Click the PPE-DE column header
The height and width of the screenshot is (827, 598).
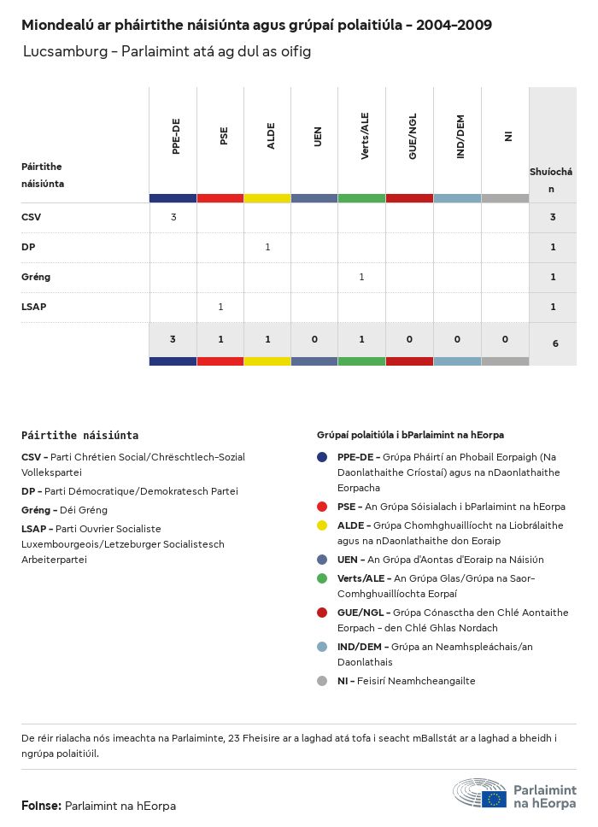point(176,137)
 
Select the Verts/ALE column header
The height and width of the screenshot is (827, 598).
point(365,137)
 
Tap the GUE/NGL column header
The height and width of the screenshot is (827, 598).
point(413,137)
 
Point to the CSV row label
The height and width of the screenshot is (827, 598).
point(31,217)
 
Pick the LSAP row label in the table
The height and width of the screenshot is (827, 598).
point(33,307)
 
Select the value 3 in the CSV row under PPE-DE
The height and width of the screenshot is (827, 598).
point(173,217)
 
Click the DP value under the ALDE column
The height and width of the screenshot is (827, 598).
point(267,247)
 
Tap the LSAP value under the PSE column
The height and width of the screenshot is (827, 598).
point(220,307)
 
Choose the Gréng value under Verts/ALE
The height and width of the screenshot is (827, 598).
point(361,277)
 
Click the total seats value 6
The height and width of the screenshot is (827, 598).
point(554,343)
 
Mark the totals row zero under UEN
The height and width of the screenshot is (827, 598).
point(314,339)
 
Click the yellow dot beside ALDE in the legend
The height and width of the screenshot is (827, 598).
point(322,525)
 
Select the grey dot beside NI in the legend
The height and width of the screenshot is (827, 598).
point(322,681)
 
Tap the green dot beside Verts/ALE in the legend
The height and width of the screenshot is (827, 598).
point(322,578)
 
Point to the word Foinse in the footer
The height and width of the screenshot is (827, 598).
point(40,806)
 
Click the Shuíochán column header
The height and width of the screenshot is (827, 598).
point(552,180)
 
